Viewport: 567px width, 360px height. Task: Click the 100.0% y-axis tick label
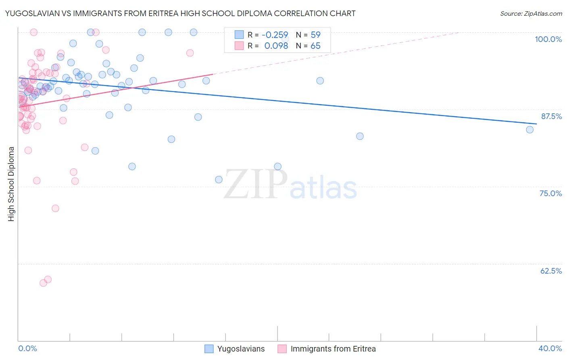tap(548, 39)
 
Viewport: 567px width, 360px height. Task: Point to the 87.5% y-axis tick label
tap(551, 116)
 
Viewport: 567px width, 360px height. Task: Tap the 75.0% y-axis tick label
tap(550, 193)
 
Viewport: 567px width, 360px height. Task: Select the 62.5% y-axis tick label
tap(551, 271)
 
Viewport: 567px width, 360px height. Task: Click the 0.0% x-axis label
tap(27, 348)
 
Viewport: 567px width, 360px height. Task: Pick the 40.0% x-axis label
tap(550, 348)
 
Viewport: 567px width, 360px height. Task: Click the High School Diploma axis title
tap(11, 184)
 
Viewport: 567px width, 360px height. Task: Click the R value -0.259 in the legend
tap(275, 35)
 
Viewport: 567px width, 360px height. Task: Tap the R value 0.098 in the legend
tap(276, 46)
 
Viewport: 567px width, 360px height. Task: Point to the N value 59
tap(315, 35)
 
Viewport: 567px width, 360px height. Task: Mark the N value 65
tap(315, 46)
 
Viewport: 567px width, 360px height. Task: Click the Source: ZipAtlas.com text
tap(531, 14)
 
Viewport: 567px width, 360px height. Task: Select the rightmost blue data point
tap(529, 130)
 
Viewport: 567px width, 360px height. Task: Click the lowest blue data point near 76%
tap(219, 180)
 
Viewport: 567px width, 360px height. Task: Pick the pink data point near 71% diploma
tap(55, 208)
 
